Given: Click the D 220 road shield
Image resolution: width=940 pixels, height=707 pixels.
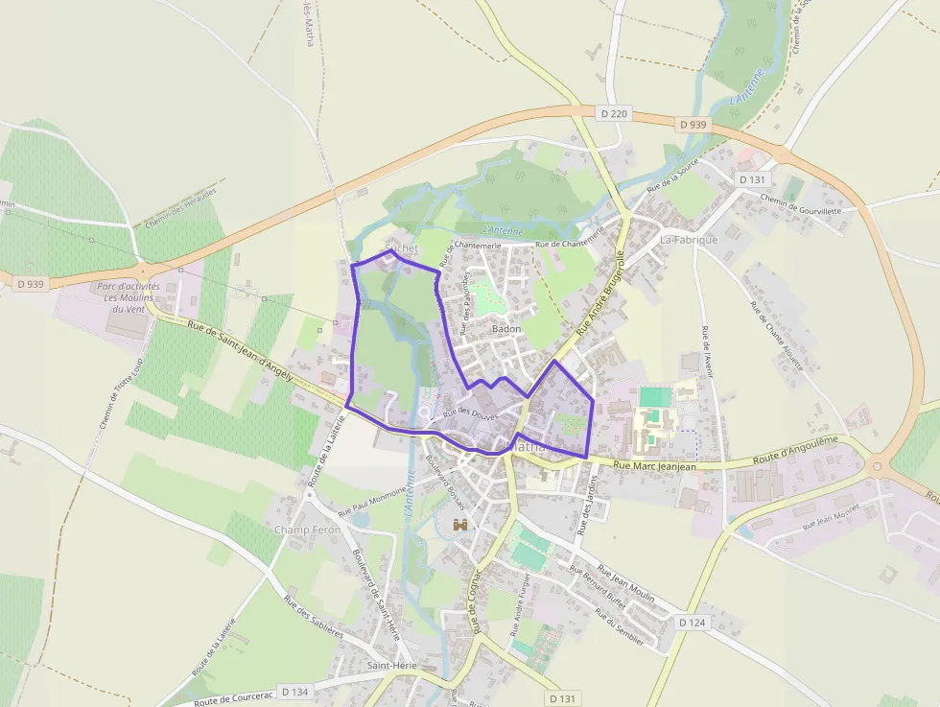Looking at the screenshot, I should pyautogui.click(x=613, y=114).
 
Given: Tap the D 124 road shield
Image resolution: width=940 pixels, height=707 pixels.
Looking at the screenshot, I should pyautogui.click(x=692, y=623).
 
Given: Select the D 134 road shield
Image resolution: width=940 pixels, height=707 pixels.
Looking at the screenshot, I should pyautogui.click(x=298, y=692).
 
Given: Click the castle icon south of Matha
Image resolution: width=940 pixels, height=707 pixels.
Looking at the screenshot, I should pyautogui.click(x=460, y=525).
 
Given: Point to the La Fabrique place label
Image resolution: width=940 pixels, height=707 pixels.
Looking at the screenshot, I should pyautogui.click(x=688, y=239).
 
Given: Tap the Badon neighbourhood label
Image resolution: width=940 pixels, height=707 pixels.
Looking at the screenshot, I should pyautogui.click(x=505, y=329).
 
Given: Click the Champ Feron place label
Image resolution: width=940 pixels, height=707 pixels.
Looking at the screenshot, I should pyautogui.click(x=307, y=530).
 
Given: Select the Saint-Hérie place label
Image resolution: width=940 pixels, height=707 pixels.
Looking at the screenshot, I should pyautogui.click(x=390, y=665).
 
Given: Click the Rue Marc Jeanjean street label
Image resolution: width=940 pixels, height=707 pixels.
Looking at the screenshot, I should pyautogui.click(x=654, y=466).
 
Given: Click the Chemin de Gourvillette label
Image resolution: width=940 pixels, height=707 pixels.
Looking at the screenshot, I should pyautogui.click(x=800, y=204).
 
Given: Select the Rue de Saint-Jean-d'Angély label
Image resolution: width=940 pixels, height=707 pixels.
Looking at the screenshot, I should pyautogui.click(x=240, y=352).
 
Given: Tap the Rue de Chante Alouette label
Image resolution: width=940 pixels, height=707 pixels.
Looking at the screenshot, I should pyautogui.click(x=776, y=335).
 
